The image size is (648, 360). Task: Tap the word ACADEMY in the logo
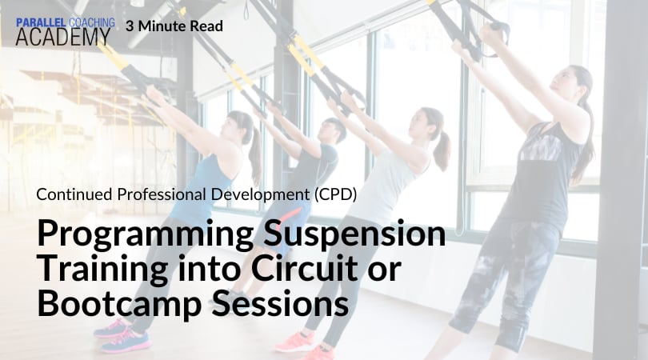coord(63,37)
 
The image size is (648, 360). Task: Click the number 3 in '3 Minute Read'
coord(130,26)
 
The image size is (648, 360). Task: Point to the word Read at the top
coord(206,26)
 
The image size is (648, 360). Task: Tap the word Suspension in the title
coord(354,234)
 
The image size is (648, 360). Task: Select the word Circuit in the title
coord(304,268)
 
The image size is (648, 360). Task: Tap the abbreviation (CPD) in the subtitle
coord(335,194)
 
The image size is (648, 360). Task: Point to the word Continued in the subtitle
coord(74,194)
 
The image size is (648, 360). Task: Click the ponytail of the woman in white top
coord(442,150)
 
